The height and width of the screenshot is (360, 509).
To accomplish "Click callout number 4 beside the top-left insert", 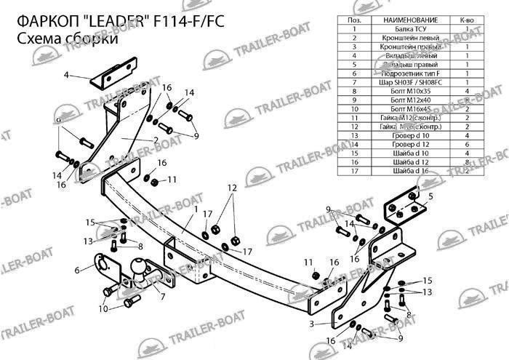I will [66, 76].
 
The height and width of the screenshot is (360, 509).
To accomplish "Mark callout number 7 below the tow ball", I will [162, 297].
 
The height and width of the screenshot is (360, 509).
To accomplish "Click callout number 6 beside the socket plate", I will [77, 270].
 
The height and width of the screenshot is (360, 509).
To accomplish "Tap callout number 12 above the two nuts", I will [231, 188].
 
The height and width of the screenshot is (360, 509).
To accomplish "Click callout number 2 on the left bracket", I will [156, 140].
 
